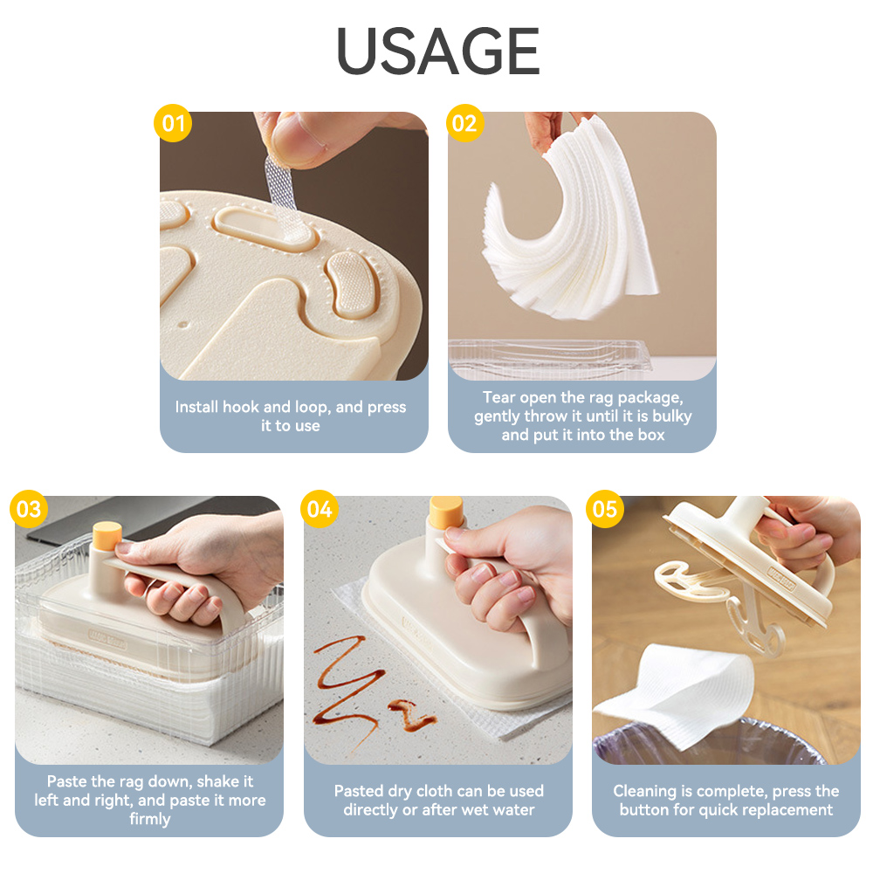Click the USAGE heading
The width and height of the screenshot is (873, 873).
pos(437,51)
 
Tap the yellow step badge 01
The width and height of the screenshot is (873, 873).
pos(173,123)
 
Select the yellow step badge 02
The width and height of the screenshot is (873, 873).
pos(465,123)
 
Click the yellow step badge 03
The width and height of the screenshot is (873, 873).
pos(29,508)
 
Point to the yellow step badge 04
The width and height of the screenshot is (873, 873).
pos(320,508)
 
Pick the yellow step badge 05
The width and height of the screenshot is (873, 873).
pos(605,508)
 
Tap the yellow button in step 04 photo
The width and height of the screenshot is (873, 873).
pos(446,512)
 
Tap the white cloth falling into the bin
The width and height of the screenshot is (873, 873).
pos(677,693)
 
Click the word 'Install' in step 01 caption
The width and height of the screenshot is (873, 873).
pos(196,407)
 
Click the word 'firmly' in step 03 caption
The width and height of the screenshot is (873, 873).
pos(150,819)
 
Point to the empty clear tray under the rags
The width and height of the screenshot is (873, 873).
pos(548,355)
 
